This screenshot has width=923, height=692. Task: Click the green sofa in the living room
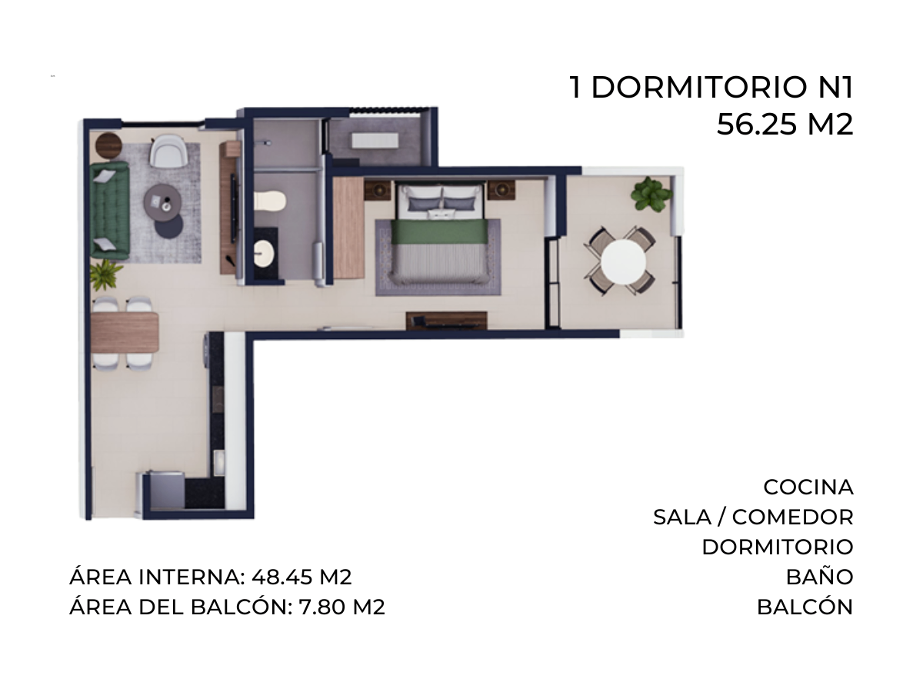(x=109, y=210)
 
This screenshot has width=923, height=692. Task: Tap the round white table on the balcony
(x=623, y=261)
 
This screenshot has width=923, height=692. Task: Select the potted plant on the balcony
(x=650, y=194)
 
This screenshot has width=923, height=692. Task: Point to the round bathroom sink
(x=264, y=253)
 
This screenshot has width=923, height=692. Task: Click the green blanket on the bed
(x=440, y=232)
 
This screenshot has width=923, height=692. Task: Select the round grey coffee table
(x=163, y=202)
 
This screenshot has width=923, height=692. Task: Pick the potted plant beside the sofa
(x=105, y=274)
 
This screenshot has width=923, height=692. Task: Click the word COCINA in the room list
(x=808, y=487)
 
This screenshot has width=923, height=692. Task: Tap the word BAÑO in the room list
(x=820, y=577)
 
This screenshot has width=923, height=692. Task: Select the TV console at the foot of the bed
(x=447, y=321)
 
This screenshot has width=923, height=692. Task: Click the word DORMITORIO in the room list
(x=778, y=547)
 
